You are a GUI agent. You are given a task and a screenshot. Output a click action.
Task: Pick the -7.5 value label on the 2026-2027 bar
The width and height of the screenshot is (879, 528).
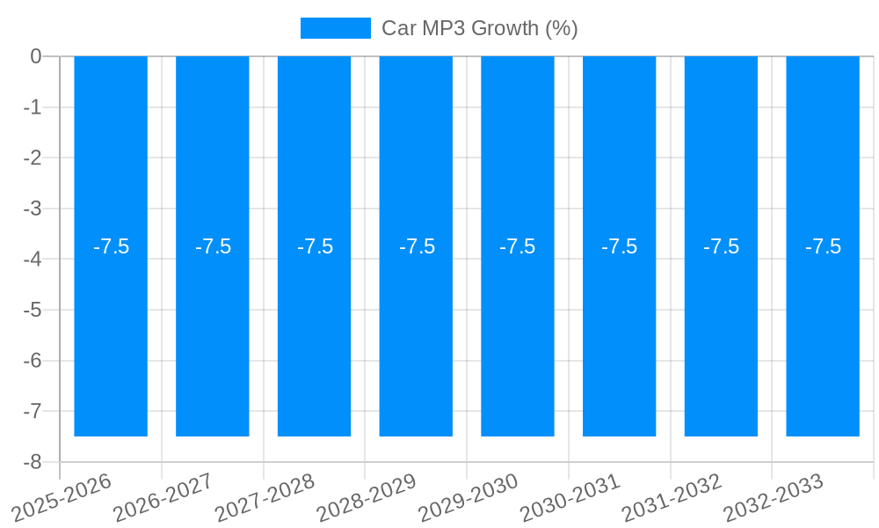click(213, 246)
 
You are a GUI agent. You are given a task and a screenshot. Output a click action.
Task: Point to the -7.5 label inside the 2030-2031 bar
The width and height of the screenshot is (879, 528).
click(619, 246)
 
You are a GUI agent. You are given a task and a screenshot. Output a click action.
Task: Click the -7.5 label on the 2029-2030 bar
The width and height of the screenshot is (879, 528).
click(517, 246)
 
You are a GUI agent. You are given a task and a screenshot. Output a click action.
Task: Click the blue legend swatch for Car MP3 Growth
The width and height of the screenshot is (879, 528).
click(335, 28)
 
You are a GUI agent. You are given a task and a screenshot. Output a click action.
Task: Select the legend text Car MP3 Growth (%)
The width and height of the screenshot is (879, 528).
click(479, 28)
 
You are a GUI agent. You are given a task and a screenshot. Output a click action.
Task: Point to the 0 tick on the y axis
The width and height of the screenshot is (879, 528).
click(36, 56)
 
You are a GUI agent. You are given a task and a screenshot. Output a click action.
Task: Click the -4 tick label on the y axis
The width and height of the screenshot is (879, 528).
click(33, 260)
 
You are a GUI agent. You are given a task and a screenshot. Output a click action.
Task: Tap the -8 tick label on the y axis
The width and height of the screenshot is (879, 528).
click(33, 462)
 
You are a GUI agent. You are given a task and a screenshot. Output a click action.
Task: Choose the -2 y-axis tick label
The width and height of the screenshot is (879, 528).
click(33, 158)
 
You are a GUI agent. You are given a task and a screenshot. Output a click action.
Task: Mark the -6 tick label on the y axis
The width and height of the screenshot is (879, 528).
click(33, 361)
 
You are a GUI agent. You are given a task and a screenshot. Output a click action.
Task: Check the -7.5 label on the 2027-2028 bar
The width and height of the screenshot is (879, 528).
click(315, 246)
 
